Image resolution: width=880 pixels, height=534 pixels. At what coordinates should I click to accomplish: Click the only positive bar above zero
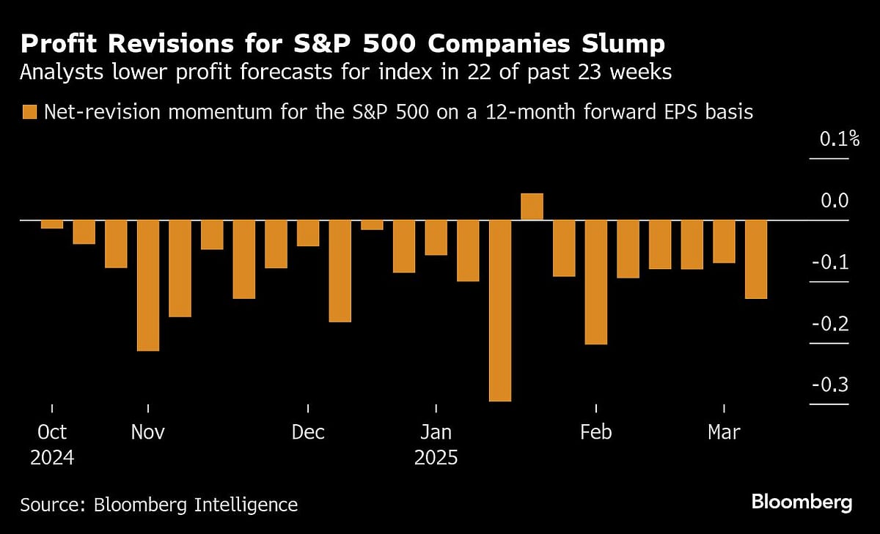[532, 207]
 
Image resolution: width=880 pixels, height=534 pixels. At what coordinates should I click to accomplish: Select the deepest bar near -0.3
[499, 311]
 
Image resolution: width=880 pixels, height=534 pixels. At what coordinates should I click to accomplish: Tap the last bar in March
[756, 259]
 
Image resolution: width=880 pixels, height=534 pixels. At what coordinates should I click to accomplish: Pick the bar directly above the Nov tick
[148, 286]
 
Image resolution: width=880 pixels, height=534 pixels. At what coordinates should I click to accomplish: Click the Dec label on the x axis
[308, 432]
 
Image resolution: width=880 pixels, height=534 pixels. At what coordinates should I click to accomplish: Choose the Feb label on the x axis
[595, 432]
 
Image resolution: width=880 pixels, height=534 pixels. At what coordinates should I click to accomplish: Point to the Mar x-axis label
[724, 432]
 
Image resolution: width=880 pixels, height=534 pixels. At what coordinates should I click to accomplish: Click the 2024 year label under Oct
[52, 459]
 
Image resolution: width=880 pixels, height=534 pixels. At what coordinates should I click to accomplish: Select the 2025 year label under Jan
[436, 459]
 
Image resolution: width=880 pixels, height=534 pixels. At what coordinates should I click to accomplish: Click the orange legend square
[29, 112]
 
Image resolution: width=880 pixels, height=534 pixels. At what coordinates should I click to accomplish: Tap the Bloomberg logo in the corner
[802, 503]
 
